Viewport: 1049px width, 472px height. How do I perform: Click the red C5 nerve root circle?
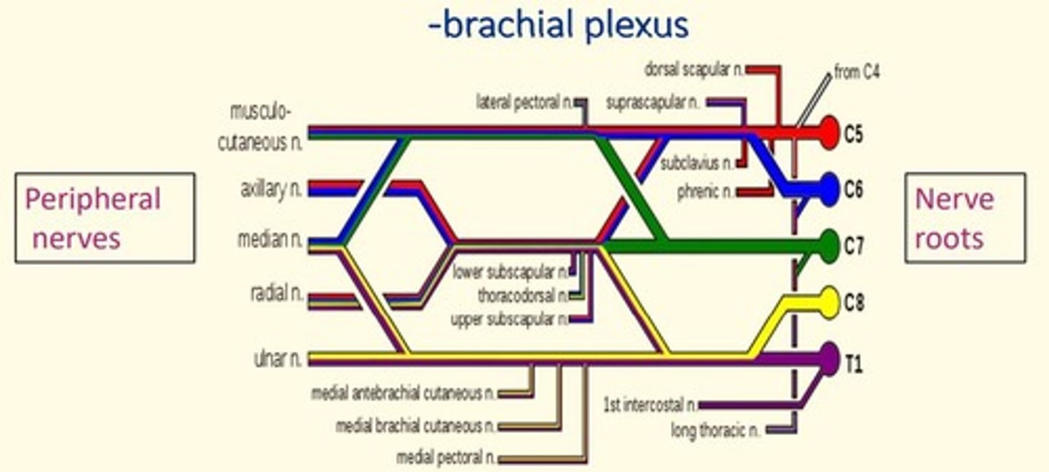click(828, 133)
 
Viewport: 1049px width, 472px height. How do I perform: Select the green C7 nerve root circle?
click(828, 246)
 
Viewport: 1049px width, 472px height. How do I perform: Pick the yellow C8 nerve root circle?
click(828, 302)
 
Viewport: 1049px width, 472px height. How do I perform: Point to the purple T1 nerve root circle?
click(828, 359)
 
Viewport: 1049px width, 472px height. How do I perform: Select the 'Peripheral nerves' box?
click(105, 218)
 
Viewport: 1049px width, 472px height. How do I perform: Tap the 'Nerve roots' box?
click(964, 218)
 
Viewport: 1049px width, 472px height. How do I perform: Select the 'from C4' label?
click(857, 72)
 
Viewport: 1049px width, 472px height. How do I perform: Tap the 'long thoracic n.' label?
click(715, 430)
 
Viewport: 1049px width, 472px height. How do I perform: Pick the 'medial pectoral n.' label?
click(446, 458)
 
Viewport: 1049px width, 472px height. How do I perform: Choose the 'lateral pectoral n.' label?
click(524, 101)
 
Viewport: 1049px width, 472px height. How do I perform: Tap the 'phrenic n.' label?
click(704, 192)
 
